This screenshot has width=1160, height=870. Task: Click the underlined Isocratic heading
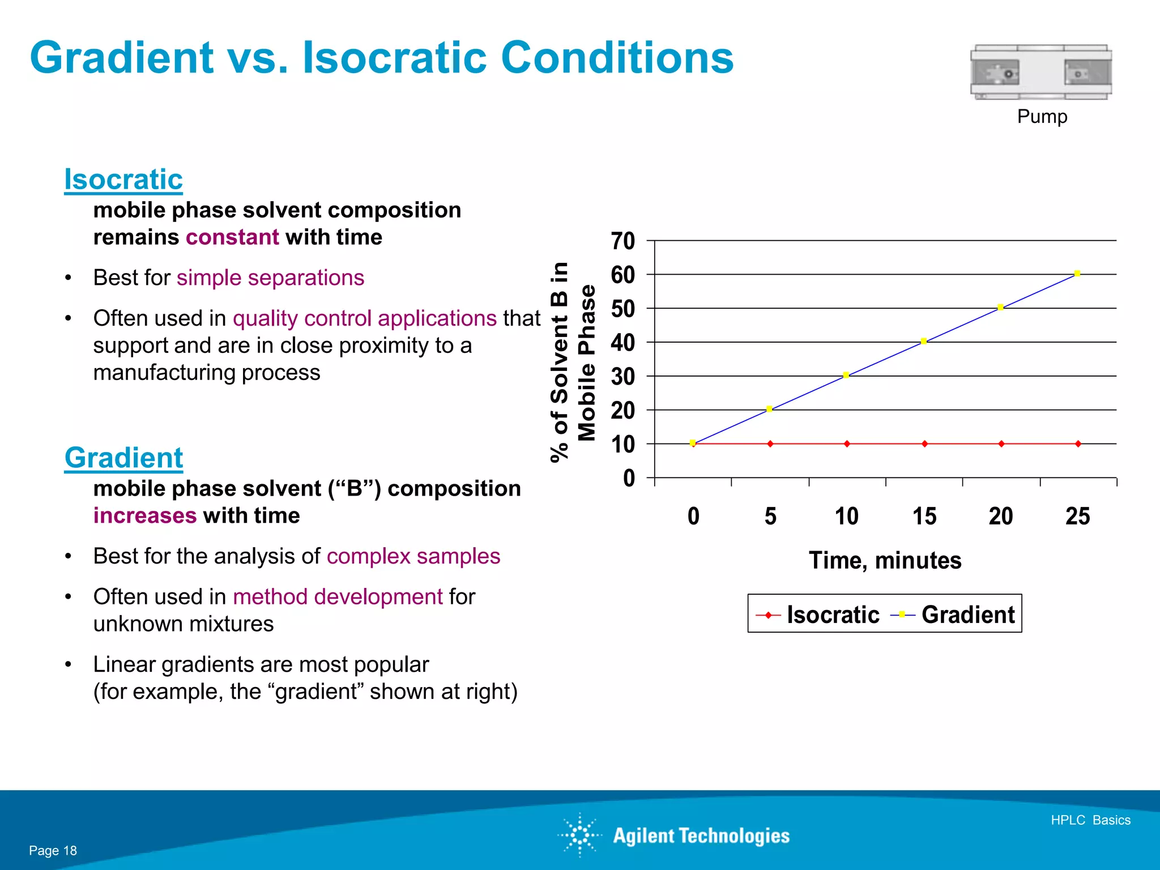click(x=123, y=180)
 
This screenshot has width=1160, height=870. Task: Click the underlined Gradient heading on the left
click(x=123, y=458)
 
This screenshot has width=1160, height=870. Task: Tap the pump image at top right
click(x=1041, y=72)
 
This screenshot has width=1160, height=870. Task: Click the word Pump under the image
click(x=1042, y=117)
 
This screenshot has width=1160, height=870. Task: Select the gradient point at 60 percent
click(x=1077, y=274)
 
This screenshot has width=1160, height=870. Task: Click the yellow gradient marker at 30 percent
click(x=846, y=375)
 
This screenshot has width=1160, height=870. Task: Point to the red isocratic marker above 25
click(x=1078, y=444)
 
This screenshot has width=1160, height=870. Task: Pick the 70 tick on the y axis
click(x=622, y=241)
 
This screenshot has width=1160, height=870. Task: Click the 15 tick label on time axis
click(x=924, y=516)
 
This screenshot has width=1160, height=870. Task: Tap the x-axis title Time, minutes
click(x=885, y=560)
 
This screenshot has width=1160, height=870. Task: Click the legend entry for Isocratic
click(x=832, y=615)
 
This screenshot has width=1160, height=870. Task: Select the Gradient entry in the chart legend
click(x=967, y=615)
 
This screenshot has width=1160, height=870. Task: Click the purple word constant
click(x=232, y=237)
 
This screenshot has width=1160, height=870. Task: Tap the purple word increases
click(x=145, y=516)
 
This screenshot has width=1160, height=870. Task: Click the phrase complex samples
click(x=413, y=556)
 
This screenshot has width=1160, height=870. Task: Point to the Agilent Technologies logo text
click(x=701, y=836)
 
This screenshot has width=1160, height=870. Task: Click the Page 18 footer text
click(x=53, y=851)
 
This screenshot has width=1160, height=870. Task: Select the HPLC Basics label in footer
click(x=1090, y=820)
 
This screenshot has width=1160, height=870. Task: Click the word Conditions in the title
click(x=617, y=58)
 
